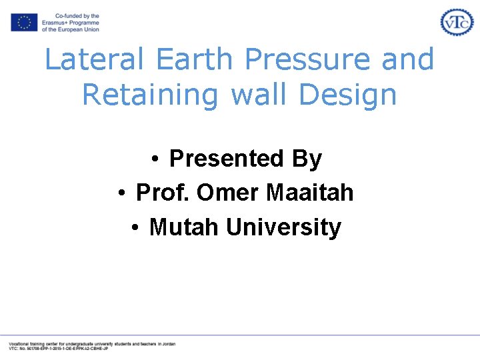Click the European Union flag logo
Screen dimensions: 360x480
click(x=24, y=23)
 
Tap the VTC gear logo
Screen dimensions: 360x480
click(x=457, y=22)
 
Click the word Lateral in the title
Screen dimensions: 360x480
click(x=94, y=59)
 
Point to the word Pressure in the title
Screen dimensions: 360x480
click(x=309, y=59)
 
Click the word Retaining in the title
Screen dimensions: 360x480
click(x=153, y=94)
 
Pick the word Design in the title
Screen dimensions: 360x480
click(x=348, y=94)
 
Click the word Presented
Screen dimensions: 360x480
click(x=227, y=159)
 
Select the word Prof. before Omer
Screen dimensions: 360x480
click(x=163, y=193)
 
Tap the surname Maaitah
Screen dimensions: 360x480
click(x=310, y=193)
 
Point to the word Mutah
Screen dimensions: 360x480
click(x=185, y=227)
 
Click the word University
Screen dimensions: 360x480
click(x=283, y=227)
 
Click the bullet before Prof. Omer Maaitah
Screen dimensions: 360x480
click(x=122, y=194)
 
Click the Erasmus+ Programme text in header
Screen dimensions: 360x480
click(x=70, y=23)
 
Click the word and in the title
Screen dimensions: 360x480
click(x=408, y=59)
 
